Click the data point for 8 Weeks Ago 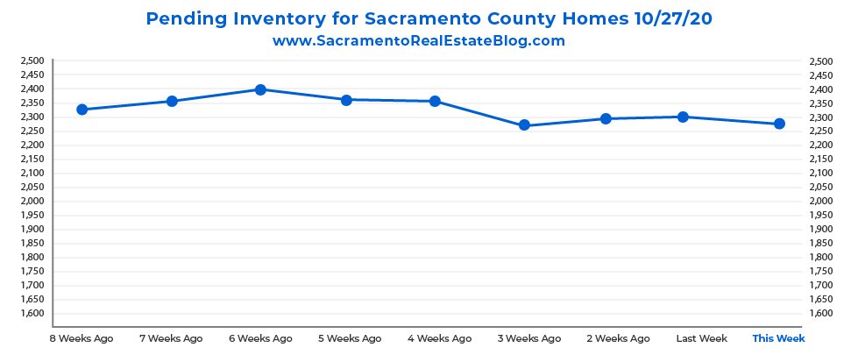coord(82,110)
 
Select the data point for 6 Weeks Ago coord(260,89)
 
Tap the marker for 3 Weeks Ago coord(524,125)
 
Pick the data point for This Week coord(779,124)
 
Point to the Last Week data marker coord(683,117)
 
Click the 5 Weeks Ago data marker coord(347,100)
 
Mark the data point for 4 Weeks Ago coord(435,102)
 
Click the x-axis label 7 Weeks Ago coord(171,337)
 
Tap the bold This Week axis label coord(778,337)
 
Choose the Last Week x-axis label coord(702,337)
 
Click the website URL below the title coord(418,41)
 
